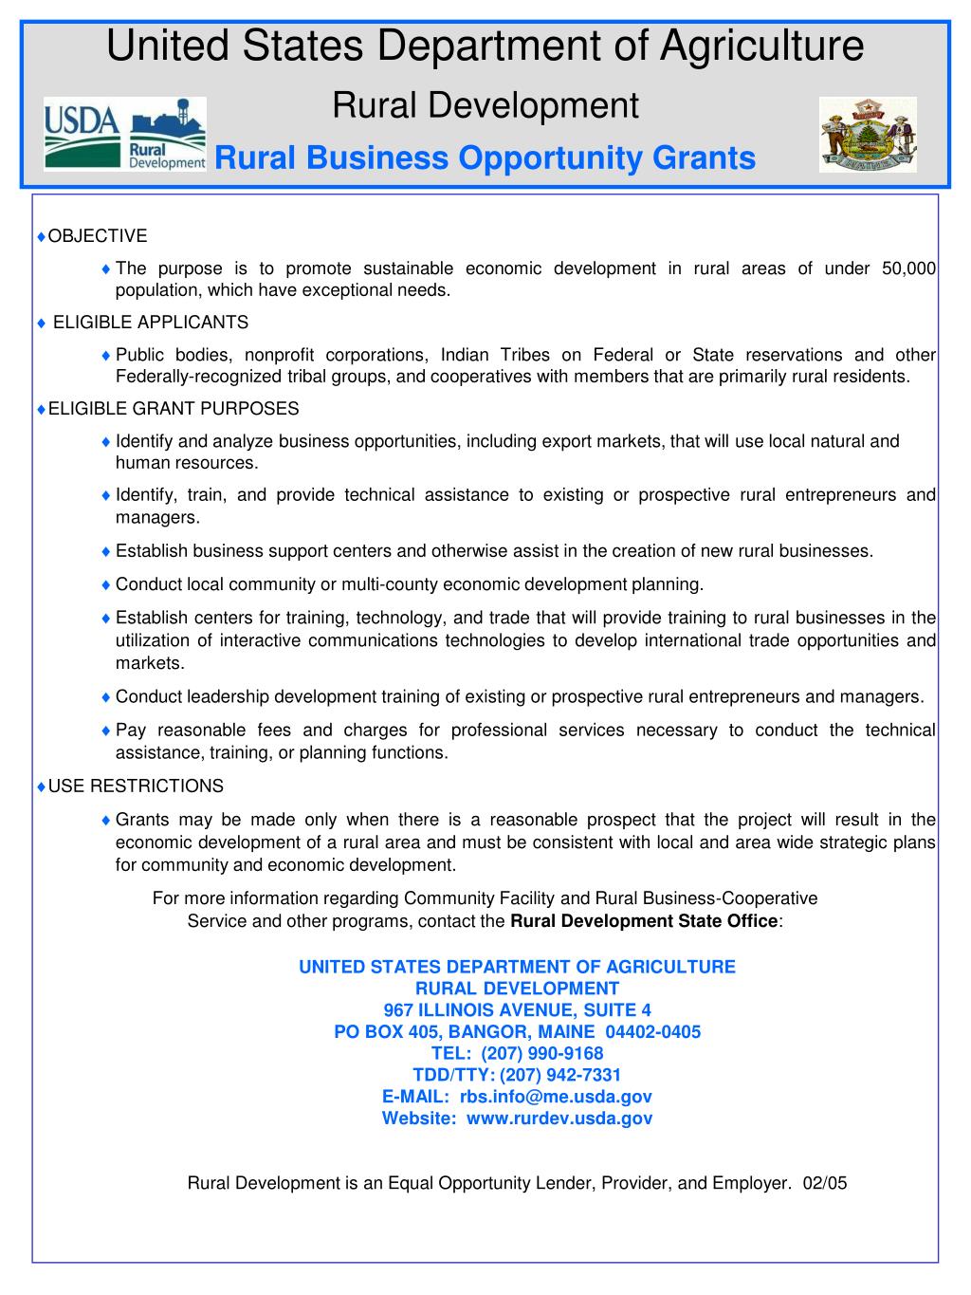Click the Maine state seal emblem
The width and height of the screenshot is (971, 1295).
click(x=868, y=135)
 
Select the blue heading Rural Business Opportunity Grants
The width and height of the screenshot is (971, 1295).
click(x=485, y=157)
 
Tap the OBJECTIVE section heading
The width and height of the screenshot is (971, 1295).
click(x=98, y=236)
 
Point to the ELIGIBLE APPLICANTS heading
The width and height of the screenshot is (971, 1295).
click(x=151, y=323)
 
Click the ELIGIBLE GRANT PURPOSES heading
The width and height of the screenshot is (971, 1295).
click(x=174, y=409)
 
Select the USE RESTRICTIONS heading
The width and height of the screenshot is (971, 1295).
click(x=136, y=786)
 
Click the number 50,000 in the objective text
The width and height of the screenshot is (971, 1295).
click(x=908, y=268)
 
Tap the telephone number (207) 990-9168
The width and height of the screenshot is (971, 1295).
click(x=542, y=1053)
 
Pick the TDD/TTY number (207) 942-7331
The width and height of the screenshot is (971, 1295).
click(x=560, y=1075)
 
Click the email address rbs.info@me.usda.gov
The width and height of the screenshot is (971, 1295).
click(x=556, y=1097)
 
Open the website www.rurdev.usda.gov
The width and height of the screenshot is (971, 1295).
click(x=559, y=1119)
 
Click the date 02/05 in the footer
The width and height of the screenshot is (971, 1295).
click(x=824, y=1183)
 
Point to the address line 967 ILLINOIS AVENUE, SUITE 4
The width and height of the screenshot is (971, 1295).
click(x=517, y=1010)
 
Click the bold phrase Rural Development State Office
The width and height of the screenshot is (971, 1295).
click(x=644, y=921)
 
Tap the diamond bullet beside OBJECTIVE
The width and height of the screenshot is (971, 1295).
click(x=41, y=236)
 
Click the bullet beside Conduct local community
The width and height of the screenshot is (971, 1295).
click(x=106, y=584)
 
